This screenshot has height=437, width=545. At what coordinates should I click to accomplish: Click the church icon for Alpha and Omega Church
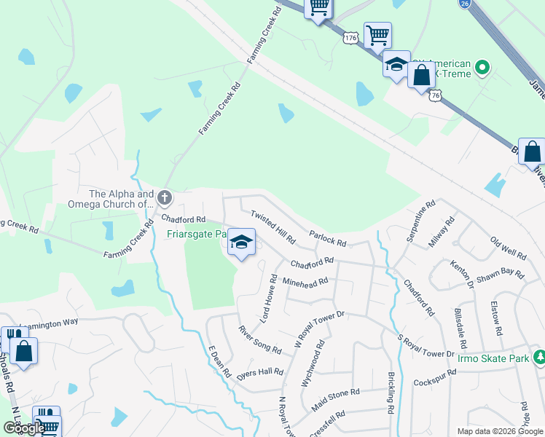click(x=165, y=197)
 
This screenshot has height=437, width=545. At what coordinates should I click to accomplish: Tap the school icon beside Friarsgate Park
click(x=241, y=242)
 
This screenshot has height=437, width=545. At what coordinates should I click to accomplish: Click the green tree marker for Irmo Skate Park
click(x=540, y=358)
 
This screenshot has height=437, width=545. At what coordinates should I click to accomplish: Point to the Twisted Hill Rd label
click(x=273, y=227)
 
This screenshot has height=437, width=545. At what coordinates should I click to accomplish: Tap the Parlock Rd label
click(x=326, y=239)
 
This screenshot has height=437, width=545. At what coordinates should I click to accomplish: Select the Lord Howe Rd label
click(x=267, y=299)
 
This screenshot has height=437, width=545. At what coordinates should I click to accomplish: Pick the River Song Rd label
click(x=259, y=340)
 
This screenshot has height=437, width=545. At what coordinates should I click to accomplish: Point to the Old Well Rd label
click(x=508, y=249)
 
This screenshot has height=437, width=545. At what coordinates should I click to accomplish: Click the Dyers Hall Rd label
click(x=259, y=372)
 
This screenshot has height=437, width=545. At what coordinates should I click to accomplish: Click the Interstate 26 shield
click(x=464, y=4)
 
